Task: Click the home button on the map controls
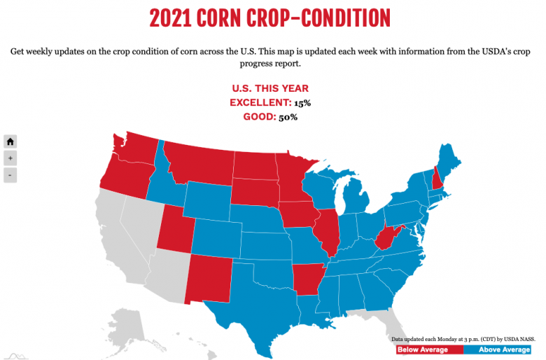pyautogui.click(x=10, y=141)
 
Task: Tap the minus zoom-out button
pyautogui.click(x=10, y=175)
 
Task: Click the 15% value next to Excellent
pyautogui.click(x=302, y=103)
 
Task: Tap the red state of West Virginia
pyautogui.click(x=386, y=238)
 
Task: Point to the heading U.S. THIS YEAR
pyautogui.click(x=270, y=88)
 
